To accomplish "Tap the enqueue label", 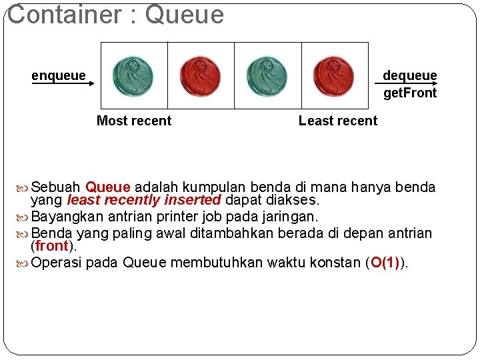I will tap(59, 75).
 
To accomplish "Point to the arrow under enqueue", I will tap(64, 84).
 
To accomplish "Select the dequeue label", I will tap(409, 75).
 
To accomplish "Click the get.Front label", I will tap(409, 93).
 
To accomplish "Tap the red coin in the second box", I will tap(200, 75).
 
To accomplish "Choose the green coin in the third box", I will tap(267, 75).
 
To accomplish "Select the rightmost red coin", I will tap(334, 75).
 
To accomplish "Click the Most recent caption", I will tap(134, 121).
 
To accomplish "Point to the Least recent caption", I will tap(338, 121).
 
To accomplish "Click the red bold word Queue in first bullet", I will tap(108, 187).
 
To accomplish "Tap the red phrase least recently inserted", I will tap(143, 200).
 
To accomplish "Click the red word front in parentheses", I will tap(53, 245).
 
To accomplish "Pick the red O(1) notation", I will tap(385, 263).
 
